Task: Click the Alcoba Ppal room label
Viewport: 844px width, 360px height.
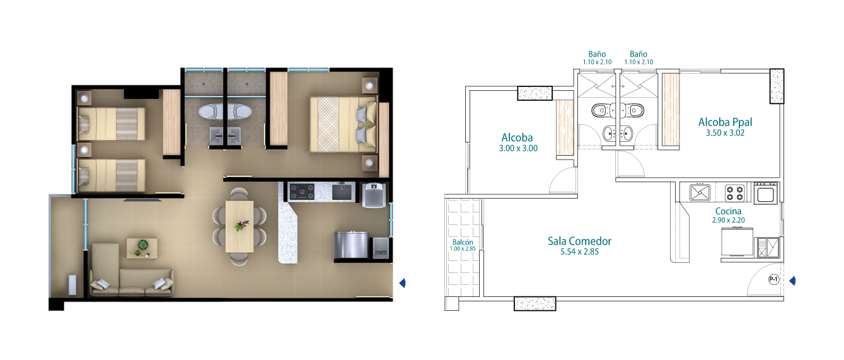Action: (x=725, y=122)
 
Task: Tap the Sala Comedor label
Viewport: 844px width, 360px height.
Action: (x=579, y=241)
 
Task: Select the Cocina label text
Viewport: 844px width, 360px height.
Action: (x=728, y=211)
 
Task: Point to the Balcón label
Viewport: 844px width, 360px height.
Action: (x=462, y=242)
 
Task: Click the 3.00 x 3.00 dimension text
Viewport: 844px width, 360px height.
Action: (x=518, y=148)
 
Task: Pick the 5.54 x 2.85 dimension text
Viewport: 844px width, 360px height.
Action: (x=579, y=252)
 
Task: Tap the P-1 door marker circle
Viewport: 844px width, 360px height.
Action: (x=773, y=279)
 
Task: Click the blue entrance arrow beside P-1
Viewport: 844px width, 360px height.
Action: (x=792, y=281)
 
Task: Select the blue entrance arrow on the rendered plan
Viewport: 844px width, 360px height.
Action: (x=402, y=283)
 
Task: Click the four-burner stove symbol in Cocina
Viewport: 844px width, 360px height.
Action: (x=735, y=193)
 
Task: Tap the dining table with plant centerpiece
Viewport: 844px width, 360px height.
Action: (x=240, y=226)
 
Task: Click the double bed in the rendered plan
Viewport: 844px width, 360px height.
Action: (x=343, y=124)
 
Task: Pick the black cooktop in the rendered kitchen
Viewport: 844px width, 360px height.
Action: (x=301, y=192)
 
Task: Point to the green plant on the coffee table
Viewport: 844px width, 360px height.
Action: (x=142, y=245)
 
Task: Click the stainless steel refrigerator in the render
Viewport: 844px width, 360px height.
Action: (x=351, y=245)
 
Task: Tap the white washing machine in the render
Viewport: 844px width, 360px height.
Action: (x=374, y=195)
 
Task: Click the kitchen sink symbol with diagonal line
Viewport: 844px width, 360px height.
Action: (x=700, y=193)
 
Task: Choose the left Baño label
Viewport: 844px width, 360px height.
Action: (x=597, y=54)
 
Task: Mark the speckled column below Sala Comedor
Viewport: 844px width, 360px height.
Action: (x=535, y=303)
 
